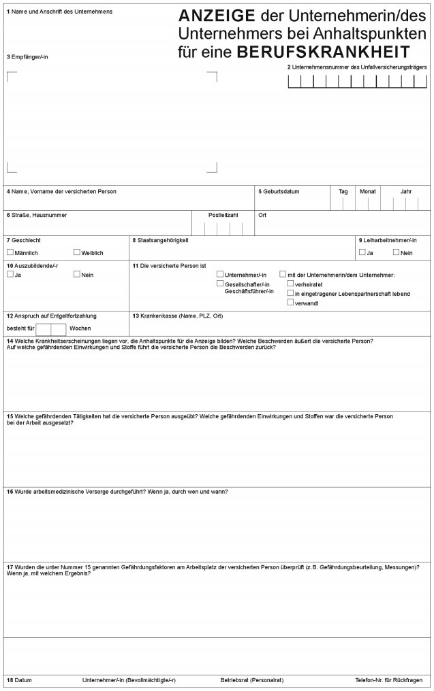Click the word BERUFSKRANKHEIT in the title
324,52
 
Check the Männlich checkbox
10,252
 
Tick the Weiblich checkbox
77,252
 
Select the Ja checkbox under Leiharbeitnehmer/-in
362,252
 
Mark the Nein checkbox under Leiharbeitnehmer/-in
396,252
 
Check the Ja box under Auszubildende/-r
10,275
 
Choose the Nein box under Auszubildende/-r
77,275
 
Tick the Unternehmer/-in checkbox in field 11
220,275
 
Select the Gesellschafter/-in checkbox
220,284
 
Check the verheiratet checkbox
291,284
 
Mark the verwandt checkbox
291,303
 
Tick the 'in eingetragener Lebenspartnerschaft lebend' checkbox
291,293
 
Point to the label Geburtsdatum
279,192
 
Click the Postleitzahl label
223,215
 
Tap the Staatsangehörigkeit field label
161,240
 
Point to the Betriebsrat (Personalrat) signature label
251,680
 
